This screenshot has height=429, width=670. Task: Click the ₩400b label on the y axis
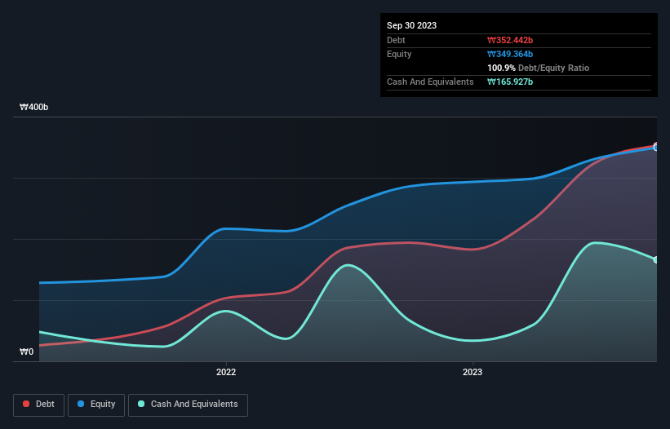pos(34,108)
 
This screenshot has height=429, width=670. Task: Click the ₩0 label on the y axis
pos(27,352)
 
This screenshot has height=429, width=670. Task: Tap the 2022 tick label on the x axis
pos(226,373)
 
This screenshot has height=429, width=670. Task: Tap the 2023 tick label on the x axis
pos(473,373)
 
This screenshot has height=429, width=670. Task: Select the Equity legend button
pos(96,405)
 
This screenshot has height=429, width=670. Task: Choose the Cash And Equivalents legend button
pos(188,405)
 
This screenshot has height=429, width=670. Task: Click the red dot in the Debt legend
pos(27,405)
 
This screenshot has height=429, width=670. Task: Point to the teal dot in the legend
pos(142,405)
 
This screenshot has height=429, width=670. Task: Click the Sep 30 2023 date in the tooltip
pos(411,25)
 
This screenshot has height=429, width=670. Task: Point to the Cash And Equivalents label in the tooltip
pos(430,82)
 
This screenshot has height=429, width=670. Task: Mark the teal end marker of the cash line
pos(656,260)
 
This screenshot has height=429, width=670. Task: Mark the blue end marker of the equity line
pos(656,148)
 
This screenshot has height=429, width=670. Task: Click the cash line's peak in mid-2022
pos(348,265)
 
